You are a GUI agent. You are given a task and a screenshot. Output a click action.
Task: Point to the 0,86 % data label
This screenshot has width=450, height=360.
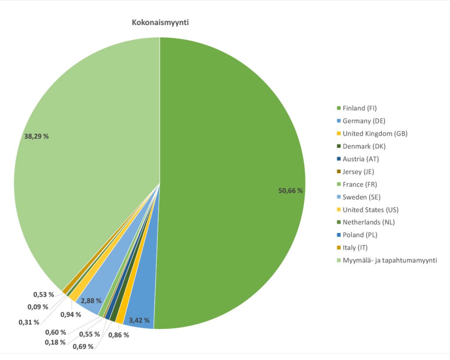[x=118, y=335]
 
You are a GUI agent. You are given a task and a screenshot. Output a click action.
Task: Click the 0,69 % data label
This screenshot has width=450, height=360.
[x=83, y=346]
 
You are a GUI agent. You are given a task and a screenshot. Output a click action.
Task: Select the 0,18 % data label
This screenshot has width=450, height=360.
[x=55, y=342]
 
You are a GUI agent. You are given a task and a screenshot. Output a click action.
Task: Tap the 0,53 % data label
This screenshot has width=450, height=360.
[x=44, y=294]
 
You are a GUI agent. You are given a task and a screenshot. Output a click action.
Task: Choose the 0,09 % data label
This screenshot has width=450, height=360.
[x=38, y=306]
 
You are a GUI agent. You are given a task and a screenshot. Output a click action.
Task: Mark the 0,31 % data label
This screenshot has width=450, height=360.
[x=29, y=322]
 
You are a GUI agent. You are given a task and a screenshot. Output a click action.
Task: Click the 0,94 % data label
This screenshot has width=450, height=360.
[x=71, y=314]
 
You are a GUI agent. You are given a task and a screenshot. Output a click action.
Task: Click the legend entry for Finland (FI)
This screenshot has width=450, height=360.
[x=359, y=108]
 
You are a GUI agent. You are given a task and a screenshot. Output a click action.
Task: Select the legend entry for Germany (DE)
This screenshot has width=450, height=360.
[x=363, y=121]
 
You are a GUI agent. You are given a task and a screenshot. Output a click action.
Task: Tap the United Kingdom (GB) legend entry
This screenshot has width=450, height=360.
[x=375, y=134]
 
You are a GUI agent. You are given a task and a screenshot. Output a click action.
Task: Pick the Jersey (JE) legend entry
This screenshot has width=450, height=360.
[x=358, y=171]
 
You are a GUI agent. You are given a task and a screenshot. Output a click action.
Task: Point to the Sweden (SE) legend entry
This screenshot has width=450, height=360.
[x=361, y=197]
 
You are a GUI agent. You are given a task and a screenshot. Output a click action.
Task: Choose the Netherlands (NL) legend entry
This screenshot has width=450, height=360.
[x=368, y=222]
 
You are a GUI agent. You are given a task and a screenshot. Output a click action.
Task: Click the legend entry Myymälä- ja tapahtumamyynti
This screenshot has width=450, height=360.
[x=389, y=260]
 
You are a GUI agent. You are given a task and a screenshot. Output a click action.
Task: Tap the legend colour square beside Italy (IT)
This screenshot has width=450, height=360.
[x=338, y=248]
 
